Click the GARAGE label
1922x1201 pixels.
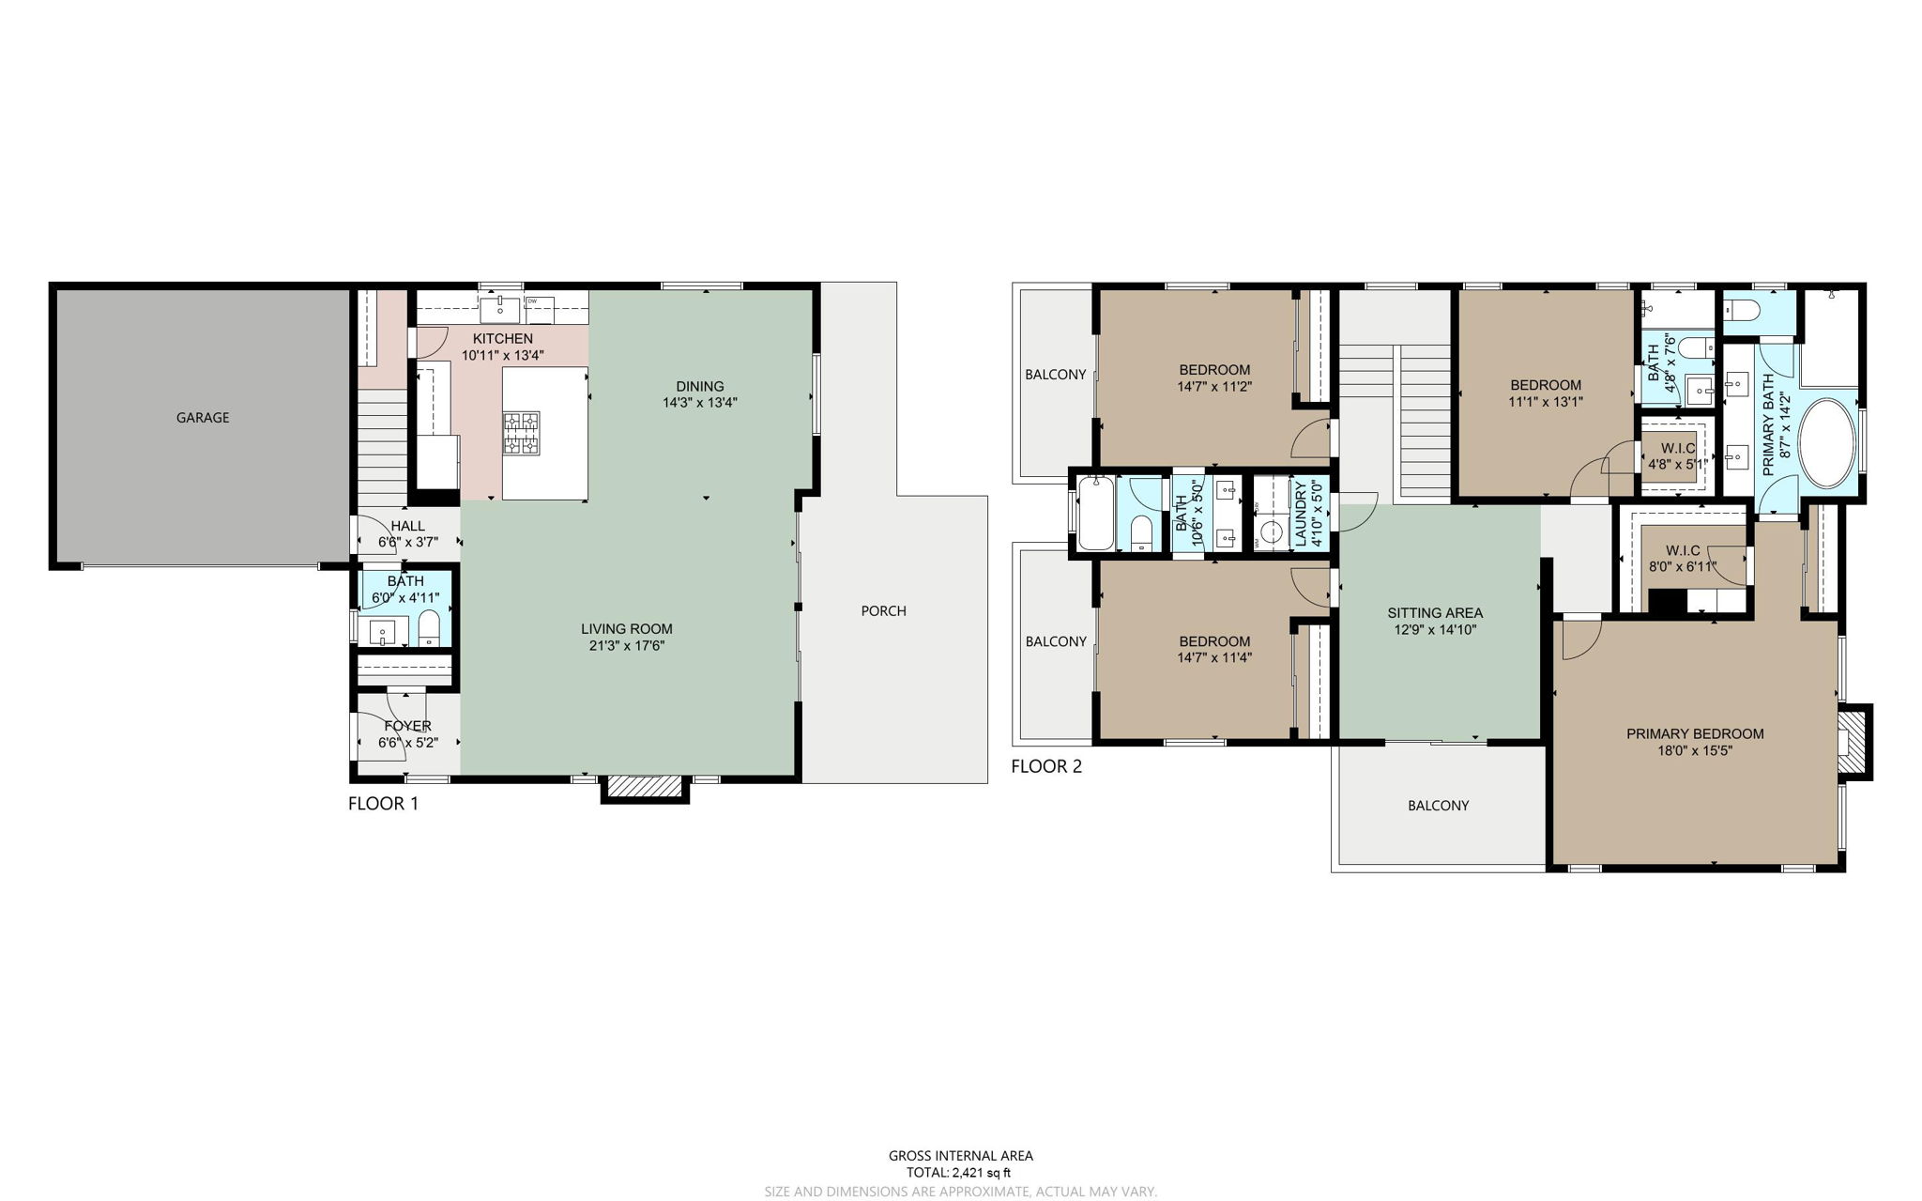pyautogui.click(x=202, y=417)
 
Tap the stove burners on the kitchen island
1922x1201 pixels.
pyautogui.click(x=521, y=433)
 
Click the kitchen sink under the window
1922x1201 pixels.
pyautogui.click(x=500, y=307)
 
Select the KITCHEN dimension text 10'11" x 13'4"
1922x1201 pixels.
pyautogui.click(x=502, y=356)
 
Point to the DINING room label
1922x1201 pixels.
pyautogui.click(x=699, y=386)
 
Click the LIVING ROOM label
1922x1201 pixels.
pyautogui.click(x=626, y=629)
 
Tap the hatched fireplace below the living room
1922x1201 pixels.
pyautogui.click(x=645, y=787)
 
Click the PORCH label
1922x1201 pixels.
pyautogui.click(x=883, y=610)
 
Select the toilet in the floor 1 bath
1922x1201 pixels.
pyautogui.click(x=429, y=627)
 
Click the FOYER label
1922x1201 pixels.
pyautogui.click(x=407, y=726)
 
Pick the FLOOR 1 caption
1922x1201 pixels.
pyautogui.click(x=383, y=804)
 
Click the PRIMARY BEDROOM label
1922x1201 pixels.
pyautogui.click(x=1695, y=733)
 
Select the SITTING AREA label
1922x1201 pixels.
pyautogui.click(x=1435, y=613)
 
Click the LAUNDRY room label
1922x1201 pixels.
pyautogui.click(x=1301, y=514)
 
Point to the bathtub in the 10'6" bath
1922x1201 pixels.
pyautogui.click(x=1095, y=514)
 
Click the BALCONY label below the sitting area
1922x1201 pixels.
pyautogui.click(x=1438, y=806)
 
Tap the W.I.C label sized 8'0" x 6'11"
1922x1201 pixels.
pyautogui.click(x=1682, y=550)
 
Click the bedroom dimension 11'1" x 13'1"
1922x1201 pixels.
pyautogui.click(x=1545, y=401)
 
